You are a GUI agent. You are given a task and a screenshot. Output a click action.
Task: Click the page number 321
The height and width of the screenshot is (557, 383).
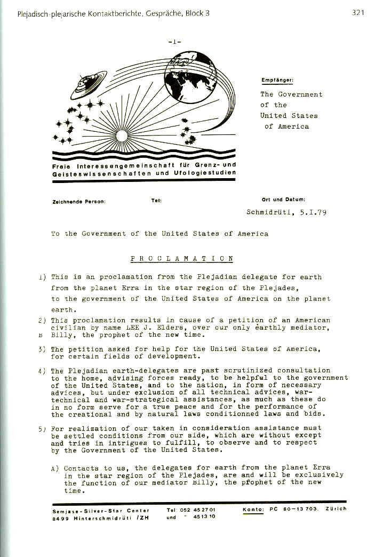pyautogui.click(x=358, y=13)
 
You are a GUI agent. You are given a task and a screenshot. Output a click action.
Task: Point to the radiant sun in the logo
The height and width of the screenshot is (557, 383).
pyautogui.click(x=121, y=136)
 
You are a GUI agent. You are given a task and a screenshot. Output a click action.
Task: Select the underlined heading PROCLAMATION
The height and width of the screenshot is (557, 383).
pyautogui.click(x=182, y=259)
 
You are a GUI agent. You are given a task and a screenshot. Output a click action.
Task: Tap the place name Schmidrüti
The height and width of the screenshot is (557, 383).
pyautogui.click(x=269, y=212)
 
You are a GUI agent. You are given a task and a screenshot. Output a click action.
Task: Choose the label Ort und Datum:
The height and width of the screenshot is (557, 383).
pyautogui.click(x=283, y=200)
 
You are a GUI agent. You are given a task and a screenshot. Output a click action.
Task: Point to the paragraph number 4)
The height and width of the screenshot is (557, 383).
pyautogui.click(x=42, y=370)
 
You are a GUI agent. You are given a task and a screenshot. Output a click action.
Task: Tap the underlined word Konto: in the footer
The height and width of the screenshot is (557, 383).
pyautogui.click(x=254, y=509)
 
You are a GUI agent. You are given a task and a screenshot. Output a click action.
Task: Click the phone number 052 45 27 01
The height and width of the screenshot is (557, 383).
pyautogui.click(x=198, y=510)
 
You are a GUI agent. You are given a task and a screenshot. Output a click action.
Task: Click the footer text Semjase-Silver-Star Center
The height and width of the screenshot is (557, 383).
pyautogui.click(x=101, y=510)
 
